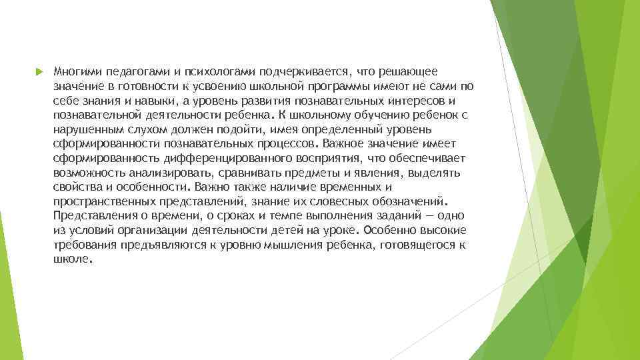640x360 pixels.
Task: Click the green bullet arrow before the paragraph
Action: pos(39,71)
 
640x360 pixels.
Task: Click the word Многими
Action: pos(75,71)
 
